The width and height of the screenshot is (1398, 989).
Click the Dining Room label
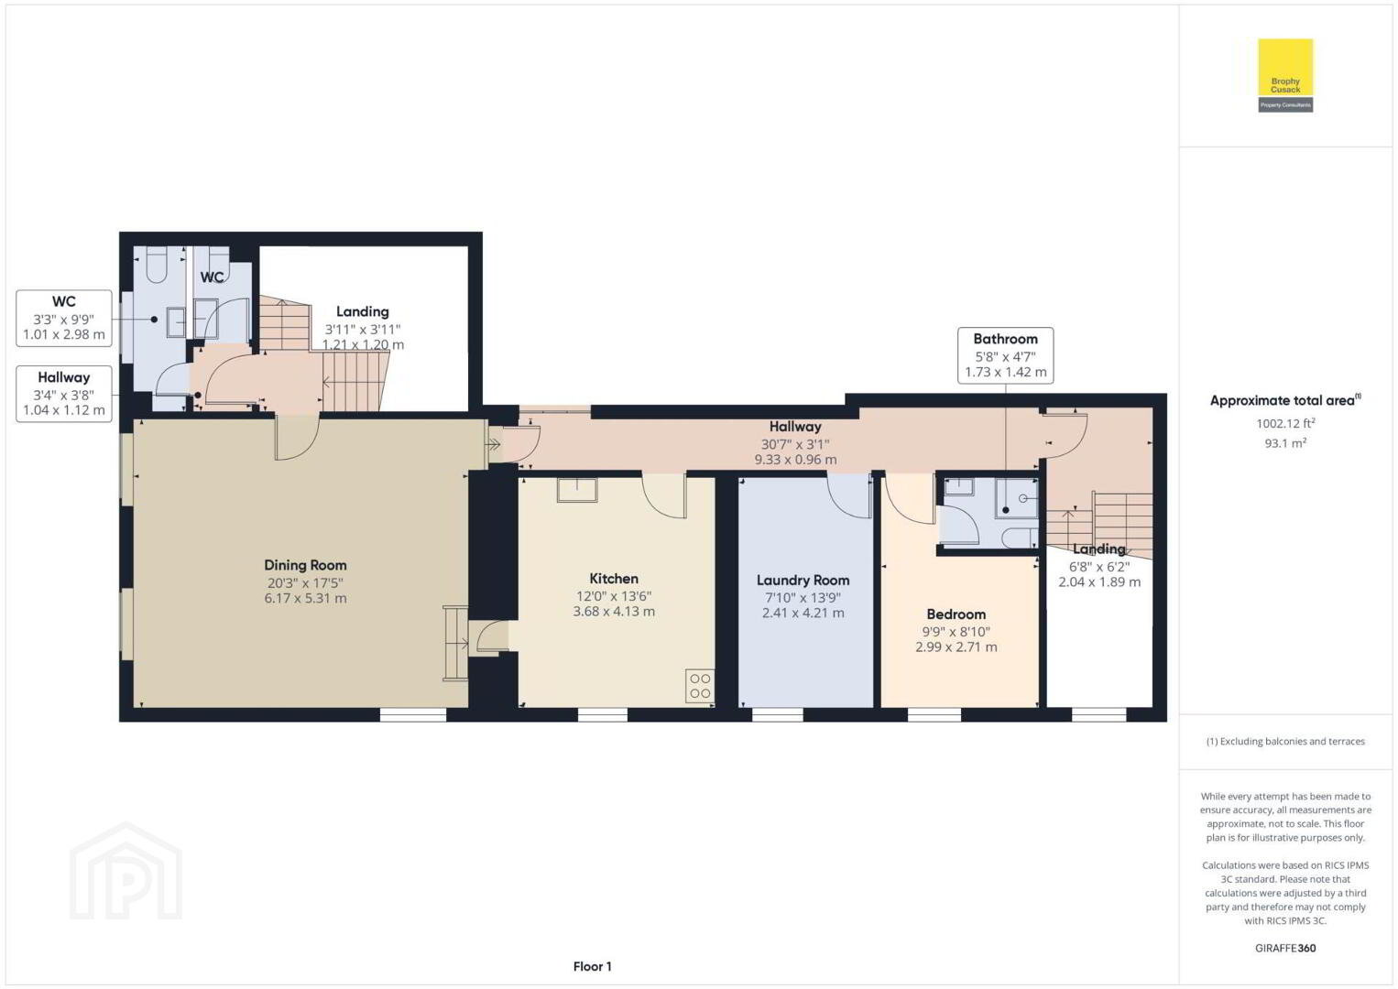pos(305,565)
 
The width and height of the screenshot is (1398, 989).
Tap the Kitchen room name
pos(614,579)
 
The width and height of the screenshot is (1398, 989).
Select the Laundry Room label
pos(803,581)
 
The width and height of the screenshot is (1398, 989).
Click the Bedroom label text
pos(956,614)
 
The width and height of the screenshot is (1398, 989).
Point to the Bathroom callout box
pos(1005,355)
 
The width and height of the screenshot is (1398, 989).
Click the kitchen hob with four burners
pos(700,686)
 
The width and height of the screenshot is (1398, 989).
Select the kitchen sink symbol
pos(577,490)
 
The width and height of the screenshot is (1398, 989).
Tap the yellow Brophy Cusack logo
pos(1285,75)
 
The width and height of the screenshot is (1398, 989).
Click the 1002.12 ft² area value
pos(1285,424)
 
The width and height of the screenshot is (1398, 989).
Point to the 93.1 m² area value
pos(1285,443)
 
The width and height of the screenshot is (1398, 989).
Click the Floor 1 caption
pos(593,966)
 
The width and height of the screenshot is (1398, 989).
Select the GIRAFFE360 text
pos(1285,948)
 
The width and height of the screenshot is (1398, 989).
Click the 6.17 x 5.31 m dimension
pos(305,598)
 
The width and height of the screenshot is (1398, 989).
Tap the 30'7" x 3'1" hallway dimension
pos(795,445)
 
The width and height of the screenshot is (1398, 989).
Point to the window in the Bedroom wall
pos(934,715)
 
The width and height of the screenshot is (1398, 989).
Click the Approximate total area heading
pos(1285,400)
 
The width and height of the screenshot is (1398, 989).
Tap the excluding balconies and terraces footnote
pos(1285,741)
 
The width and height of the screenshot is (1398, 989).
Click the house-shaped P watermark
pos(126,871)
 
